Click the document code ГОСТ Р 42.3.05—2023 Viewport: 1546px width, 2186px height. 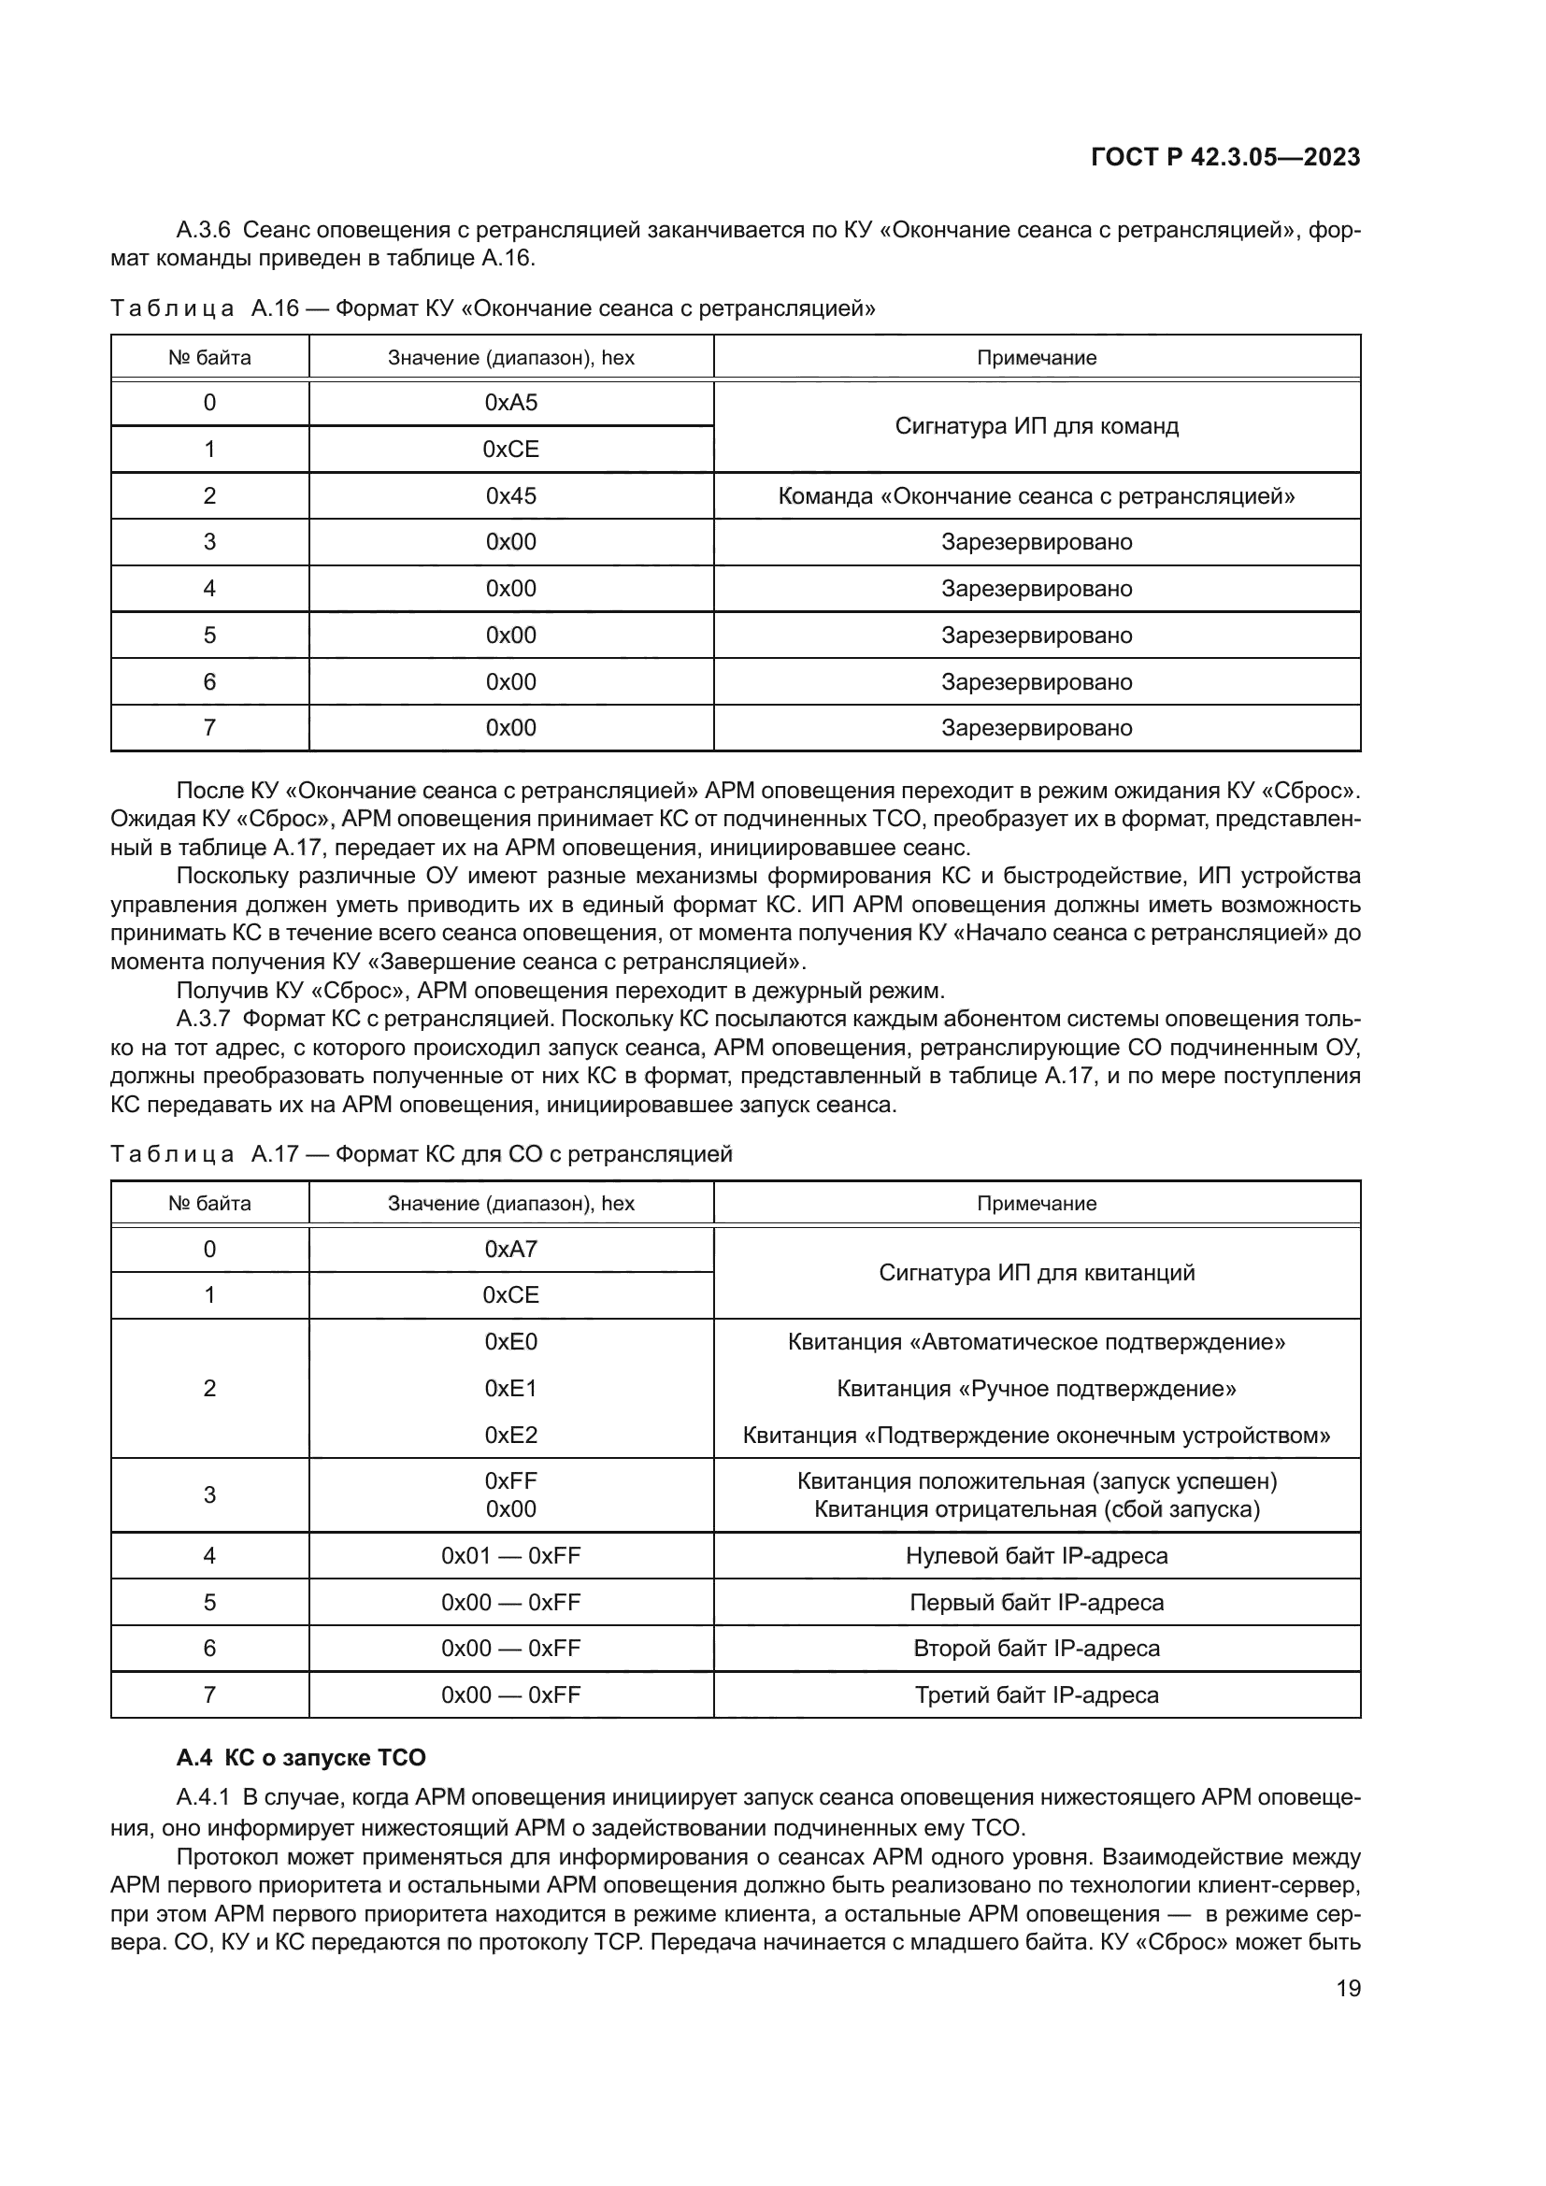pyautogui.click(x=1225, y=157)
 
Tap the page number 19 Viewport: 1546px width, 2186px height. pyautogui.click(x=1348, y=1988)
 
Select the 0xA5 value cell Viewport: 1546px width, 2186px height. pyautogui.click(x=510, y=403)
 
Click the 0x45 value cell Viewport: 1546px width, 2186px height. pyautogui.click(x=510, y=496)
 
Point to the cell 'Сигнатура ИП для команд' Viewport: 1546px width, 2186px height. pyautogui.click(x=1036, y=425)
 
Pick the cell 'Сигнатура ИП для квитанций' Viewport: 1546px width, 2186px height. pyautogui.click(x=1036, y=1273)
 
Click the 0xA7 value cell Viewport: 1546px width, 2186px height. pyautogui.click(x=510, y=1250)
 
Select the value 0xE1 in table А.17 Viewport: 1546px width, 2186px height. pyautogui.click(x=510, y=1388)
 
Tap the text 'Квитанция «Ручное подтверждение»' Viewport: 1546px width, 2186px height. pyautogui.click(x=1036, y=1388)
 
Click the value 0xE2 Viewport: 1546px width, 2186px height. pyautogui.click(x=510, y=1435)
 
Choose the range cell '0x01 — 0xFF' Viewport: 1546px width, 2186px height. pyautogui.click(x=510, y=1556)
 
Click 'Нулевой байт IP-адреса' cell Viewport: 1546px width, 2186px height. pyautogui.click(x=1036, y=1556)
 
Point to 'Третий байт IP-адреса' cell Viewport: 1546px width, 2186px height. pyautogui.click(x=1036, y=1694)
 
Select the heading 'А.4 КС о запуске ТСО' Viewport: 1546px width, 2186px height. pyautogui.click(x=301, y=1758)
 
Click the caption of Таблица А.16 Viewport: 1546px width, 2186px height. pyautogui.click(x=493, y=308)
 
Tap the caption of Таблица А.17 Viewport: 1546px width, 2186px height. pyautogui.click(x=421, y=1154)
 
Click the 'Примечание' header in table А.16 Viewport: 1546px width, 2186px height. pyautogui.click(x=1036, y=358)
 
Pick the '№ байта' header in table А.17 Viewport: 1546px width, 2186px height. pyautogui.click(x=209, y=1204)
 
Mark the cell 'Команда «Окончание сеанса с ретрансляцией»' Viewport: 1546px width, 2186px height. pyautogui.click(x=1036, y=496)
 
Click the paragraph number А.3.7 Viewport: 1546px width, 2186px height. pyautogui.click(x=203, y=1019)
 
